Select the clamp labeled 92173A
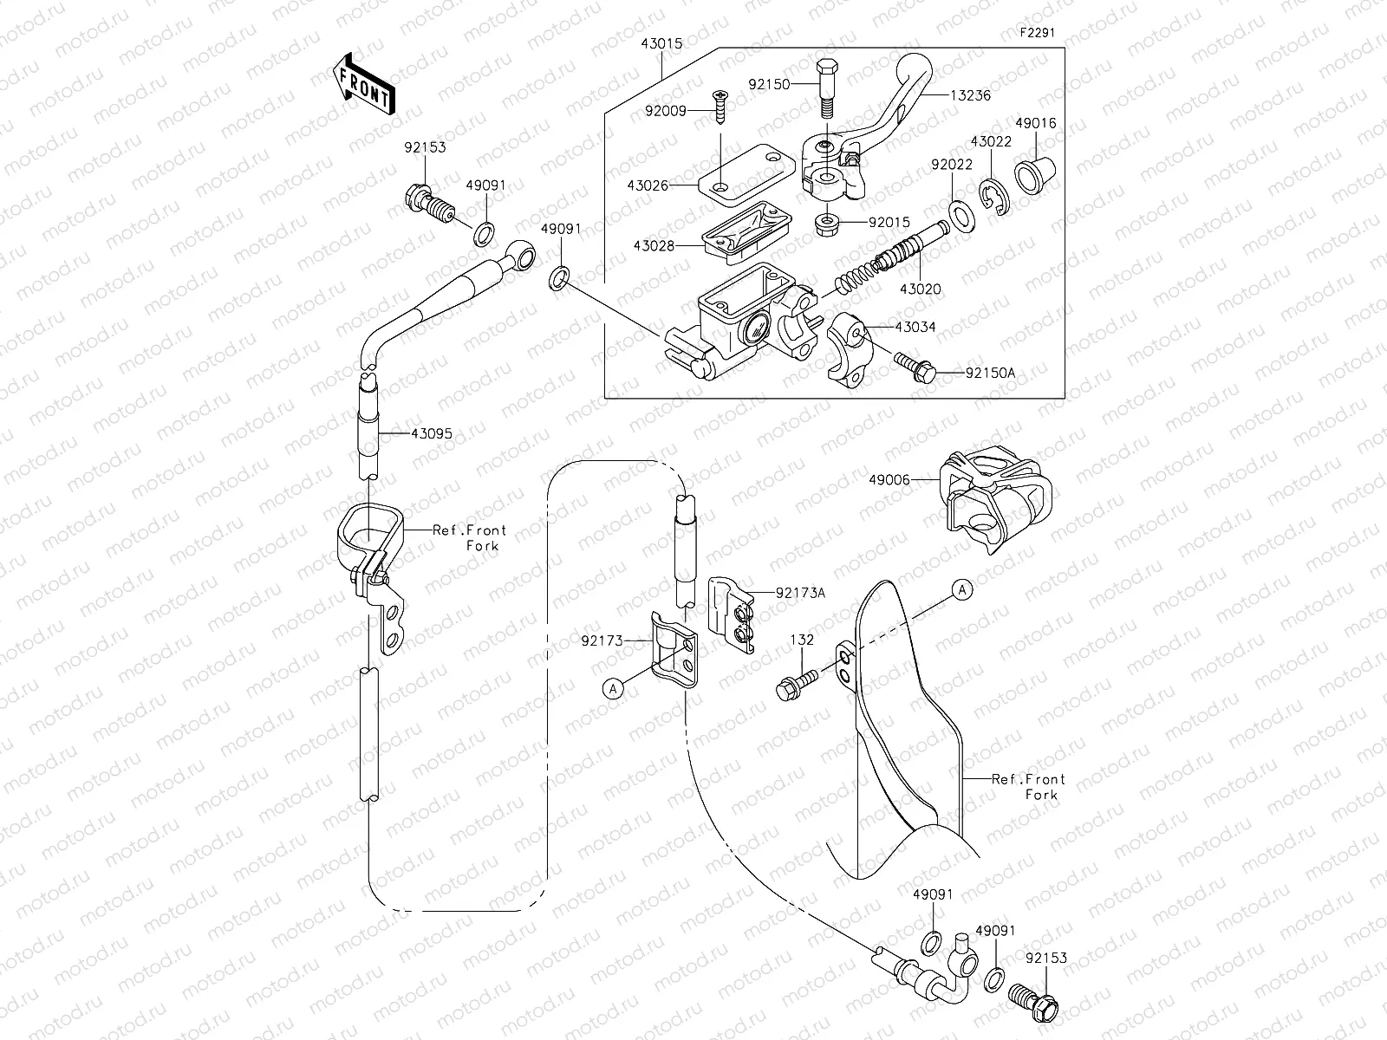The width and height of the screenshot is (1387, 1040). [733, 614]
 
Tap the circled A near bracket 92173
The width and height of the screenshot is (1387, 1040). [613, 689]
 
